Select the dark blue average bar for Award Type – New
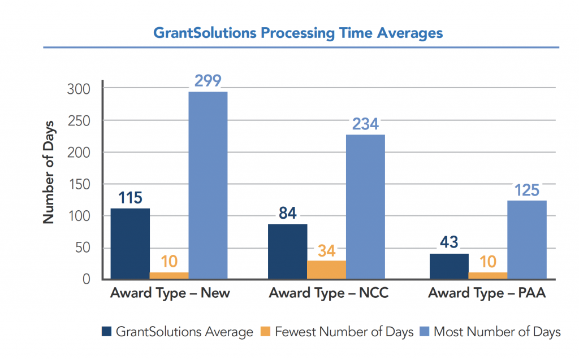tap(130, 244)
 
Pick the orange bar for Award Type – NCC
tap(326, 270)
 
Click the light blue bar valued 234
tap(365, 207)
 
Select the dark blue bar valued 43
tap(449, 266)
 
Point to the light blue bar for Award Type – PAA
tap(526, 240)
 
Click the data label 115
tap(130, 198)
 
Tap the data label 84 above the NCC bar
tap(287, 214)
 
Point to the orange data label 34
tap(326, 250)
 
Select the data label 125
tap(527, 190)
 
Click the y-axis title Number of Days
tap(49, 172)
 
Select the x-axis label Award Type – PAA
tap(487, 294)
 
